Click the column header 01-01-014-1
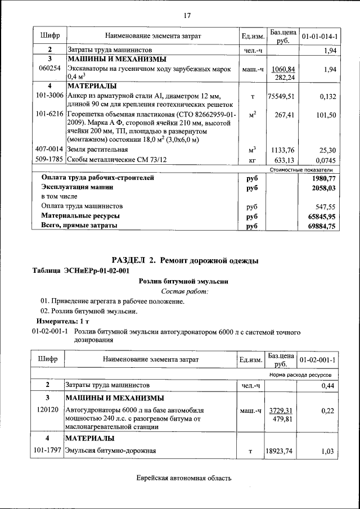point(319,37)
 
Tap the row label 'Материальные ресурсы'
point(80,216)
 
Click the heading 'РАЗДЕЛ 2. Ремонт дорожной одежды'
point(185,260)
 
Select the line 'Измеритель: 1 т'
point(59,321)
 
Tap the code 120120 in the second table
point(49,411)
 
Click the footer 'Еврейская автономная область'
point(184,479)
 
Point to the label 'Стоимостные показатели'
point(301,169)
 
